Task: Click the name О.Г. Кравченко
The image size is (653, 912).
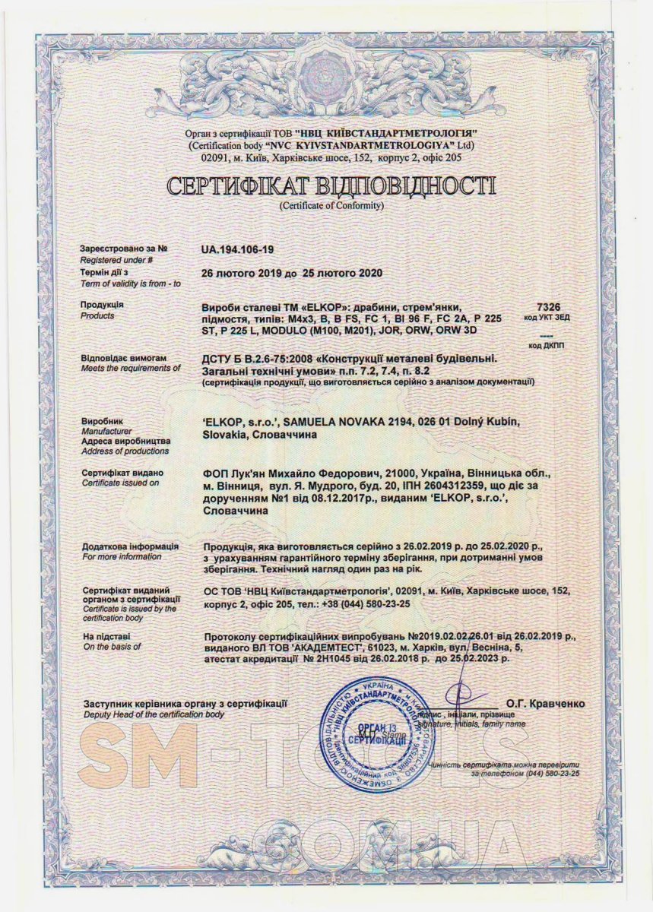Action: point(545,704)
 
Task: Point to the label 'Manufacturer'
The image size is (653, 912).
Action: point(104,431)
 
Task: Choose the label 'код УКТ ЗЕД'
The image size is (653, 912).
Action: point(547,315)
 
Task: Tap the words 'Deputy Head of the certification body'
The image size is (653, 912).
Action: point(154,715)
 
